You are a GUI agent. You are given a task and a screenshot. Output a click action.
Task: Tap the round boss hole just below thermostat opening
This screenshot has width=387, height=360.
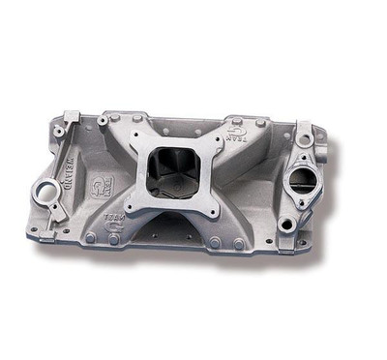click(287, 224)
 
